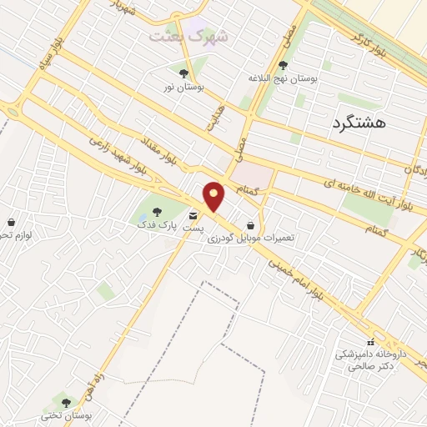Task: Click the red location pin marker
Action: point(214,197)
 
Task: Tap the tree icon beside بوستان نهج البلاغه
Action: point(284,65)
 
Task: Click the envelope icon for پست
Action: point(193,215)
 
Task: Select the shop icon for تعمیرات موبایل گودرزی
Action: point(251,225)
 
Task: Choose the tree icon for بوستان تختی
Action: point(66,403)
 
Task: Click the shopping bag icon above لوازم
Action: point(11,223)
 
